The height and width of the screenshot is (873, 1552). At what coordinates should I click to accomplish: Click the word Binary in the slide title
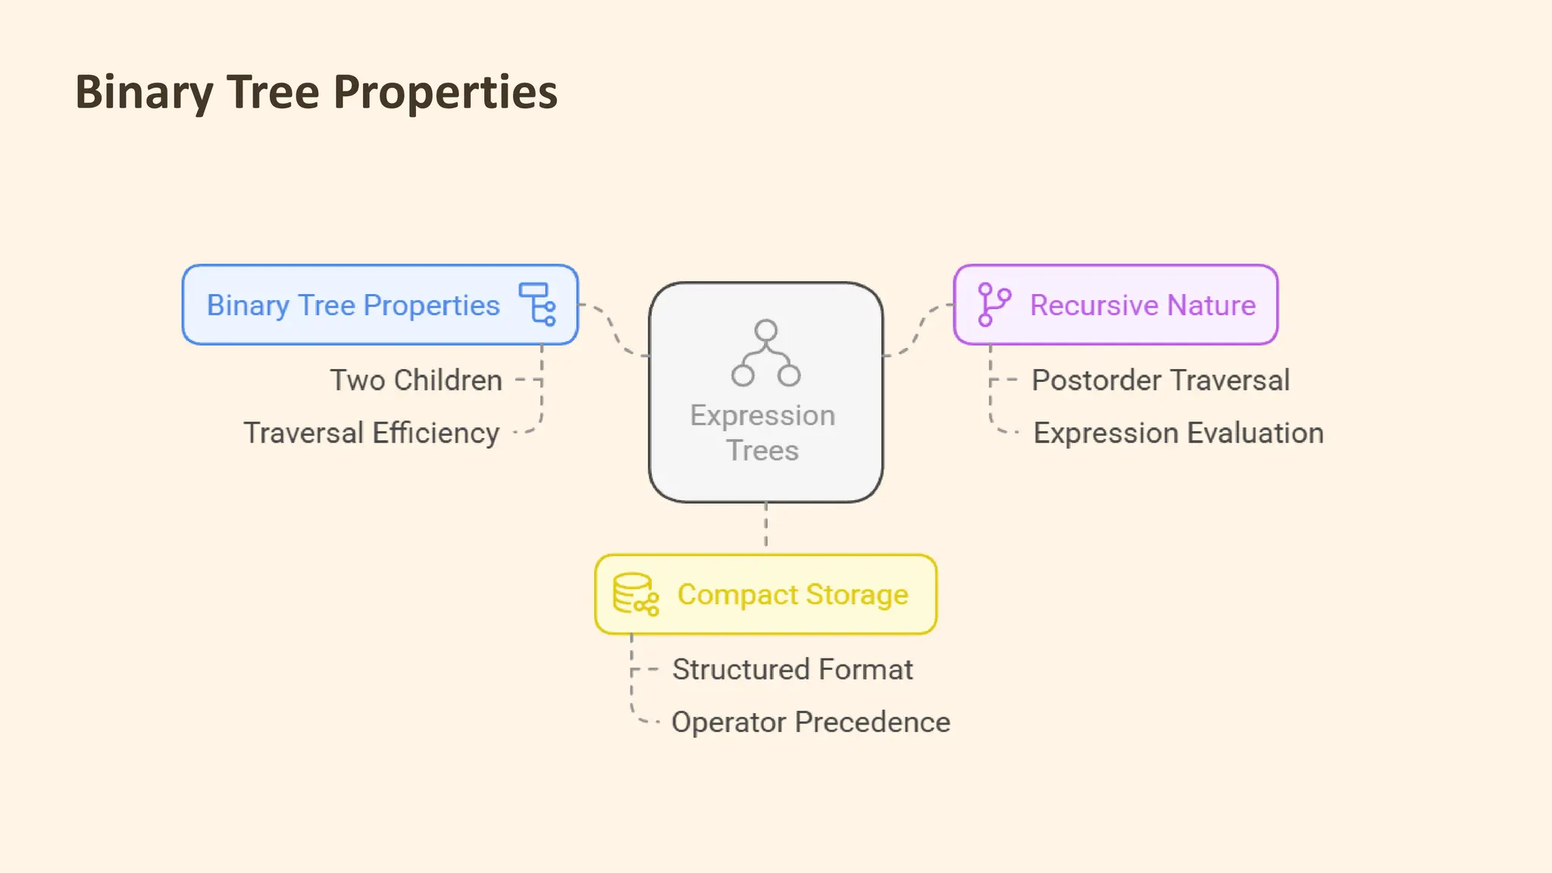click(x=144, y=92)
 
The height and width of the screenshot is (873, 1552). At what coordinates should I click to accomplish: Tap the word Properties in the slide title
click(x=445, y=92)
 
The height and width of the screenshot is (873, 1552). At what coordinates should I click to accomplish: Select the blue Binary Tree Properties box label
click(x=353, y=305)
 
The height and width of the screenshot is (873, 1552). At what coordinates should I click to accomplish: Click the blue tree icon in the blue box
click(x=537, y=304)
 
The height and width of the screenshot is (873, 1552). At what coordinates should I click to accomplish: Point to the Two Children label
click(x=416, y=380)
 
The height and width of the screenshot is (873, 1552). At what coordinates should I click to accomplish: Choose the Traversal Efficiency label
click(x=371, y=433)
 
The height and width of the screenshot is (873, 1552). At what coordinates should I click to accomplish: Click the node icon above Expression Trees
click(x=765, y=353)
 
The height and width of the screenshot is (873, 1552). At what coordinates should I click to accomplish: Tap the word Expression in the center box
click(x=762, y=415)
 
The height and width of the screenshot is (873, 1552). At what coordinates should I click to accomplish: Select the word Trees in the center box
click(x=762, y=451)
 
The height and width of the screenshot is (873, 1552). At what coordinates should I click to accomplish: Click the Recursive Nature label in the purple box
click(x=1143, y=305)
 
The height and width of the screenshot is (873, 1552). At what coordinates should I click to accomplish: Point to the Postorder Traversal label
click(x=1160, y=380)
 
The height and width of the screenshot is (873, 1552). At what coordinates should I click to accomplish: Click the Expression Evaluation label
click(x=1178, y=433)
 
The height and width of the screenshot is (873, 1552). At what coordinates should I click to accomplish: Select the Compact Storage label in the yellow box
click(x=793, y=595)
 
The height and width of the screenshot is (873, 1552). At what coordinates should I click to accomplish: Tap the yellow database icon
click(x=635, y=594)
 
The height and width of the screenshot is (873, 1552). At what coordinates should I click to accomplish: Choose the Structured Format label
click(x=792, y=670)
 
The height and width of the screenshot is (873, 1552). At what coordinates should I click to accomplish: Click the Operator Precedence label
click(x=810, y=722)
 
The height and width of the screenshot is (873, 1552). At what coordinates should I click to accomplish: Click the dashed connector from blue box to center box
click(x=614, y=330)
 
